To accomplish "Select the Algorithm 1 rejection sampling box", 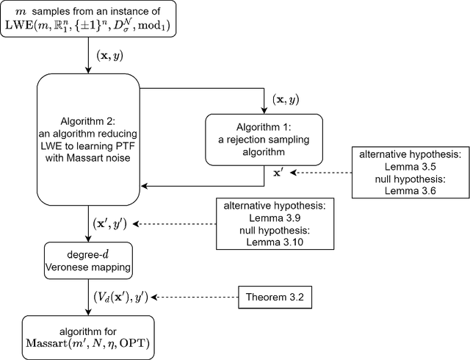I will point(264,139).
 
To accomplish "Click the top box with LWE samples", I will point(88,21).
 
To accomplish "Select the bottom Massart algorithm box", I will point(88,336).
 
